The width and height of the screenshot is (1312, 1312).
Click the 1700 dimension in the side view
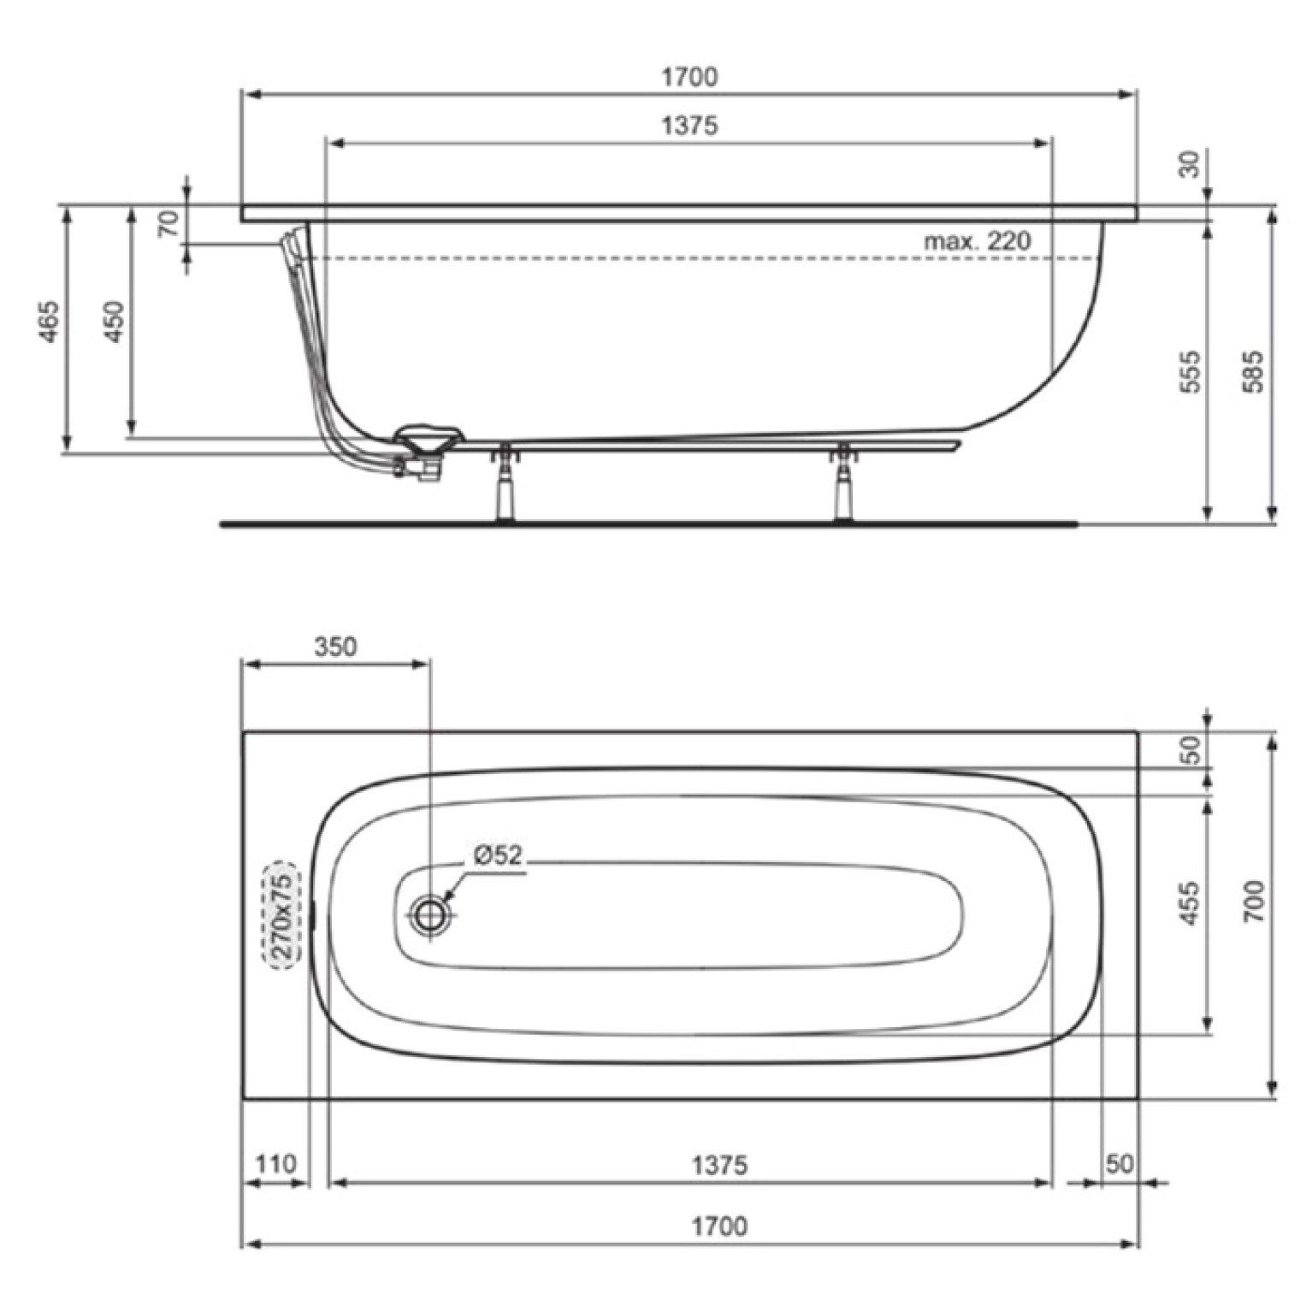click(689, 77)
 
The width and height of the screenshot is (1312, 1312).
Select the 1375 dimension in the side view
click(689, 126)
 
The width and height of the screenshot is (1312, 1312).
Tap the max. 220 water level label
click(977, 240)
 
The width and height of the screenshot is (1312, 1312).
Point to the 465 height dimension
click(50, 322)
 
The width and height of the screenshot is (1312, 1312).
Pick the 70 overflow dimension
click(169, 222)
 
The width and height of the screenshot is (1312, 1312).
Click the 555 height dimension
click(1190, 371)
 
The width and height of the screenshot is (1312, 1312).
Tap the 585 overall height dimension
click(1252, 371)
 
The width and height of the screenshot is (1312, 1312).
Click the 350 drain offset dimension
click(334, 647)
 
